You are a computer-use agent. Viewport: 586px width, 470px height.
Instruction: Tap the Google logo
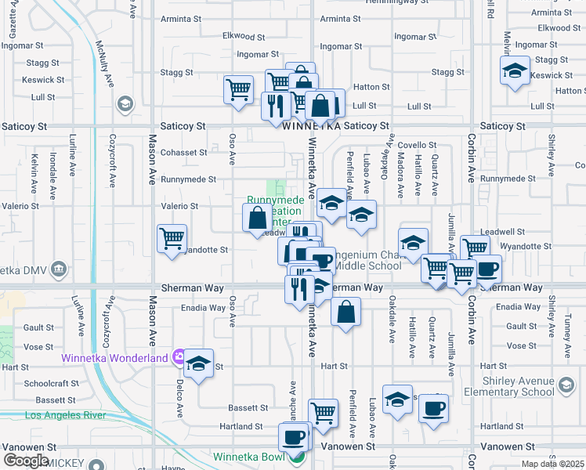tap(26, 461)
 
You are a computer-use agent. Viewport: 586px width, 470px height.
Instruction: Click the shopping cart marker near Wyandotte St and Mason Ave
tap(172, 238)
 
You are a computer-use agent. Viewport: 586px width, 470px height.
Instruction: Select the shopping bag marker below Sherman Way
tap(345, 313)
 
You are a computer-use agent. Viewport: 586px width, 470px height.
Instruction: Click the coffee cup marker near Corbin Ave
tap(487, 269)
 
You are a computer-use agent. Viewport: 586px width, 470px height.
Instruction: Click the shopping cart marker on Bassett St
tap(323, 413)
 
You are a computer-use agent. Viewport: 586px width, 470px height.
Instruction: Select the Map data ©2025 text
tap(552, 464)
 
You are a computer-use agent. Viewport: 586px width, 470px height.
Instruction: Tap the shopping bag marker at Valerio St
tap(258, 219)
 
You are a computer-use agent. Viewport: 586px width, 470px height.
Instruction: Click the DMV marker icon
tap(59, 270)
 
